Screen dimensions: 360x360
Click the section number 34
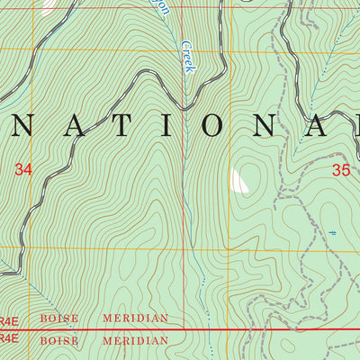23,167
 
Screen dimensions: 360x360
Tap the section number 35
340,168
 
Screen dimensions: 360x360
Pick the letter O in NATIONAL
213,126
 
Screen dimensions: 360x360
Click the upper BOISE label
59,319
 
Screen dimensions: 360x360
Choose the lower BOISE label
59,341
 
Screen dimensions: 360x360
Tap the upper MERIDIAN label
135,319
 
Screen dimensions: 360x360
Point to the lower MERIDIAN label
135,341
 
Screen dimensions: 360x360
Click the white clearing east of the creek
238,181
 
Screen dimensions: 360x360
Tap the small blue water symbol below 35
332,233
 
